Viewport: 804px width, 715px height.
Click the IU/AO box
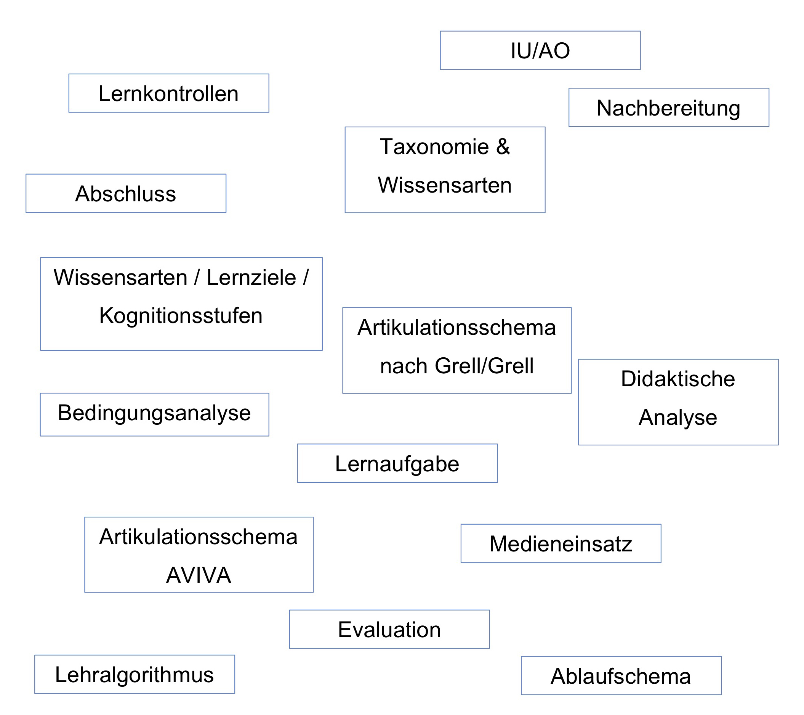point(540,50)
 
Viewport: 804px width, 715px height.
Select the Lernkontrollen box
point(169,93)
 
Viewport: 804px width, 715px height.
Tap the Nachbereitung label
point(668,108)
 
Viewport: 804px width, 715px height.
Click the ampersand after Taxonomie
point(503,146)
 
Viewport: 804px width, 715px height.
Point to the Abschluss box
point(126,193)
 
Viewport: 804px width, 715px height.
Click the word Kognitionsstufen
point(181,315)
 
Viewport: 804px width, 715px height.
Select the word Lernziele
point(251,277)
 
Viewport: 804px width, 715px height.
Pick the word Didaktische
point(678,379)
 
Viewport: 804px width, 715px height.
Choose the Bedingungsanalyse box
point(155,415)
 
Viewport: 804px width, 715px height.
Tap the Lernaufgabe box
point(397,463)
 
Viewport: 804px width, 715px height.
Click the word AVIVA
point(199,575)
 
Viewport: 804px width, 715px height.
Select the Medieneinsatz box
point(561,544)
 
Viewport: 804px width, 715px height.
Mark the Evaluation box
point(389,630)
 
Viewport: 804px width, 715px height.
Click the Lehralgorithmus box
point(135,675)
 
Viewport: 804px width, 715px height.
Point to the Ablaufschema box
point(621,676)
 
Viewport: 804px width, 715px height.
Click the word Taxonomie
point(434,146)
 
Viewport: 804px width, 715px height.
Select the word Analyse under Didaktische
point(678,417)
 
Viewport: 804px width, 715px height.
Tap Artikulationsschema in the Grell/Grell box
point(456,327)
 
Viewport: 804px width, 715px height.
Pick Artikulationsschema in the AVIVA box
point(199,537)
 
